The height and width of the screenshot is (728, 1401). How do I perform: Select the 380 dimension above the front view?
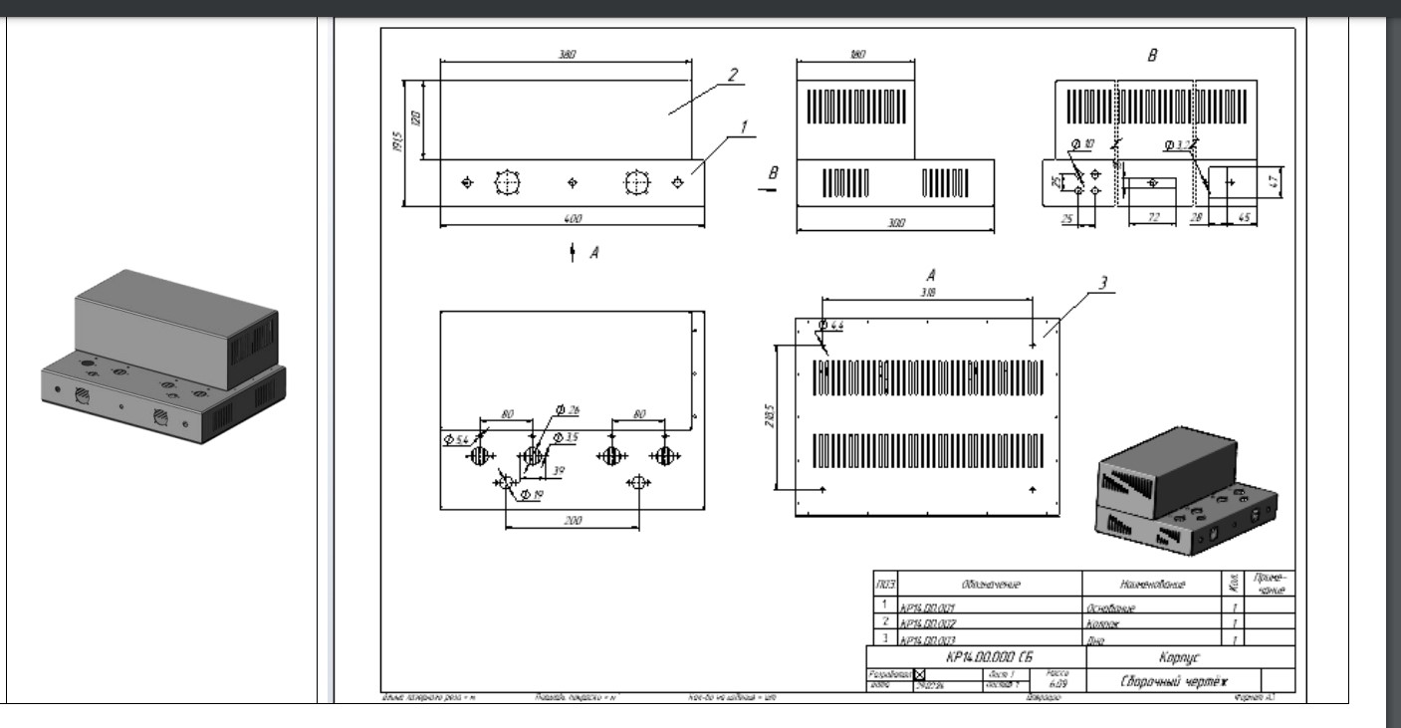(566, 56)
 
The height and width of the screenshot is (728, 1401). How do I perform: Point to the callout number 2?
(732, 75)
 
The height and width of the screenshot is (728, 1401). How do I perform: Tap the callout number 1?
(741, 126)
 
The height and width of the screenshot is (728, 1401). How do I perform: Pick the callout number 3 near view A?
(1102, 283)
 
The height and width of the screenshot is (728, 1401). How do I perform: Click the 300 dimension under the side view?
(895, 223)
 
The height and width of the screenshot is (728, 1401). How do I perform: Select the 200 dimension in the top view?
(572, 521)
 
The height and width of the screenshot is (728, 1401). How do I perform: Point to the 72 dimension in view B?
(1156, 217)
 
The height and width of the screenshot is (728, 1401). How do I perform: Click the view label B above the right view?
(1153, 56)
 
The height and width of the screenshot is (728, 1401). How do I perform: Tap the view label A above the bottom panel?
(931, 273)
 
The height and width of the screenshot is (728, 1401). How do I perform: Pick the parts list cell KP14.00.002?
(927, 622)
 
